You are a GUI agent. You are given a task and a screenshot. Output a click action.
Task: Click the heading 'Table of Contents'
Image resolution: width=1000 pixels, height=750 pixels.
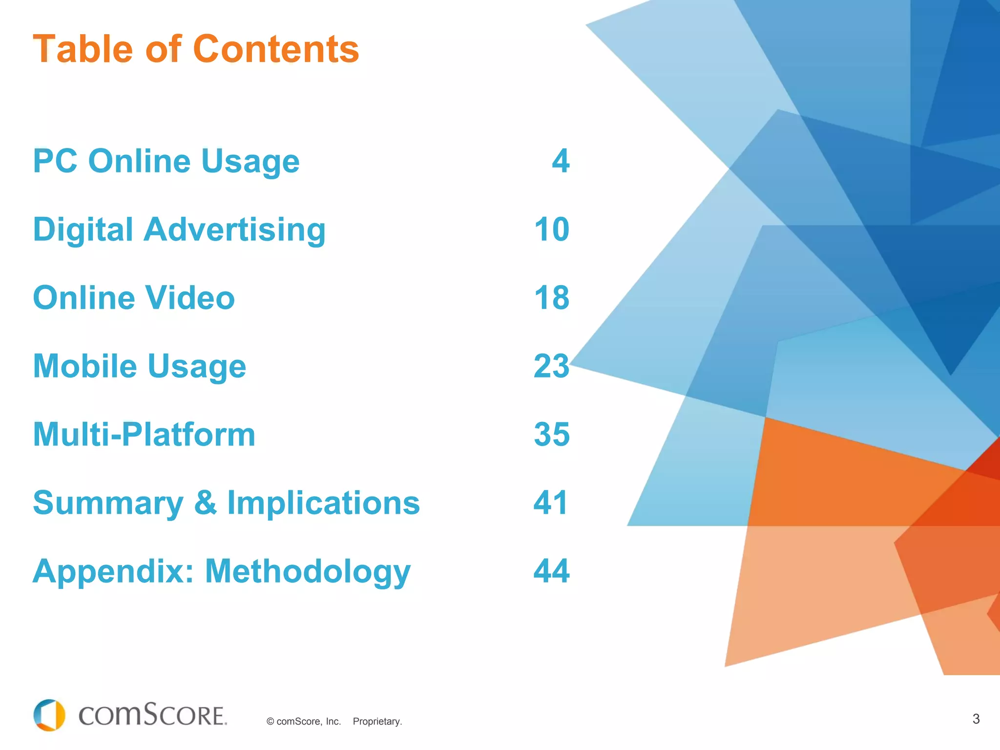(x=196, y=49)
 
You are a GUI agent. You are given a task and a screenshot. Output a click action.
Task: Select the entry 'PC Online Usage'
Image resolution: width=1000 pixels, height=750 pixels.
(x=166, y=161)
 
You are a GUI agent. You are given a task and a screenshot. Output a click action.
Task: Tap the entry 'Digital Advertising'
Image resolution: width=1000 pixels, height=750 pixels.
(x=179, y=229)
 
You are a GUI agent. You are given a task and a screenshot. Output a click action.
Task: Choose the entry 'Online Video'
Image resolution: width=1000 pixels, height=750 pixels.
(x=134, y=298)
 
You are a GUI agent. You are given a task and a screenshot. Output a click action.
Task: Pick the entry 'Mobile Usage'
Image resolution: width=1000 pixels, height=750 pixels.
(x=140, y=366)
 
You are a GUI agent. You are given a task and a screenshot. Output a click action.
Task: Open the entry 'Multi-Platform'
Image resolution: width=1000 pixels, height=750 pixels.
(x=144, y=435)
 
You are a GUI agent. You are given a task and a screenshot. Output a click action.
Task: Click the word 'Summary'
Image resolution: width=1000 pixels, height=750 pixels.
(x=108, y=503)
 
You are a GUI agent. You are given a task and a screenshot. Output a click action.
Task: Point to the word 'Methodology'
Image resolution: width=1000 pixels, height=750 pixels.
(x=308, y=571)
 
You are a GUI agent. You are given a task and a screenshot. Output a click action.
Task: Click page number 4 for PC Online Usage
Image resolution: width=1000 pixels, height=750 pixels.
(x=561, y=161)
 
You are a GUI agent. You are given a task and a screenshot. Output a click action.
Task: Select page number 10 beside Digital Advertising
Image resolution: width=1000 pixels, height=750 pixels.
(x=552, y=229)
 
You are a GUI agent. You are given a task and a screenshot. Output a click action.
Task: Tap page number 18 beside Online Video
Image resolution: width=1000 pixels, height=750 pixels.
(x=552, y=298)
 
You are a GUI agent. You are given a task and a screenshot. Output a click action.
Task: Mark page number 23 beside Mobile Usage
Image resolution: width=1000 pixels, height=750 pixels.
(x=552, y=366)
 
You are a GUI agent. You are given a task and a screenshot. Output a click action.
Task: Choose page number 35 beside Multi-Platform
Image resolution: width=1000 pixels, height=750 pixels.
(x=552, y=435)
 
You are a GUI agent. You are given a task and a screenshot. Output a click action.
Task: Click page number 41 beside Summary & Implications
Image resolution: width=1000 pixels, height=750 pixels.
(x=551, y=503)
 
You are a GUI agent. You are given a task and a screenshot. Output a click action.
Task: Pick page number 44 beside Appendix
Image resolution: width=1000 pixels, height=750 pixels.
(x=552, y=571)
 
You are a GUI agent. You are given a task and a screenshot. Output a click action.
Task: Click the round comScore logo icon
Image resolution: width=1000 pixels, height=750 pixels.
(x=49, y=715)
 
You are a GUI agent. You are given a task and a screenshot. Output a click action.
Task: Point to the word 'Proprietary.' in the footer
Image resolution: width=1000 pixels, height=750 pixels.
(x=377, y=722)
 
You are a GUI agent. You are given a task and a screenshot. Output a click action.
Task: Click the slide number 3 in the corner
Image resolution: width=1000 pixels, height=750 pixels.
(x=976, y=719)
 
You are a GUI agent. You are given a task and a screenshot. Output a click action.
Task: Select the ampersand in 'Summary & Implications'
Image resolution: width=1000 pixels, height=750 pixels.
(x=206, y=503)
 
